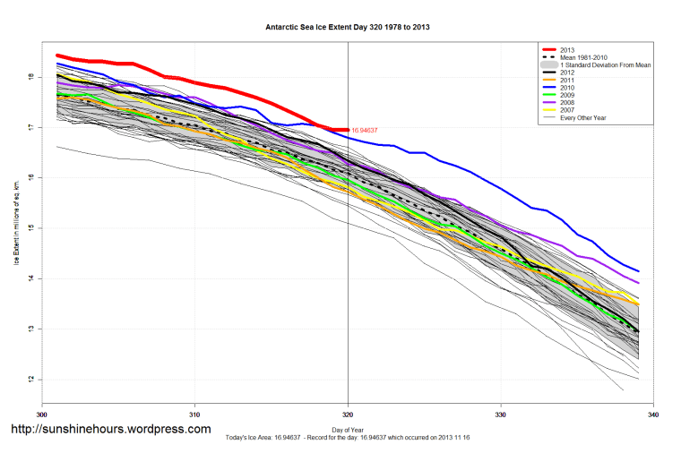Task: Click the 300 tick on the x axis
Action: tap(41, 415)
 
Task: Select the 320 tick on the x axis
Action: tap(348, 415)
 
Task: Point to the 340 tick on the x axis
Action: tap(653, 415)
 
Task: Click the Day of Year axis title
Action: tap(348, 430)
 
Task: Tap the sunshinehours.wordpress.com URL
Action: tap(110, 429)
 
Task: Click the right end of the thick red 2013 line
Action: tap(347, 130)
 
